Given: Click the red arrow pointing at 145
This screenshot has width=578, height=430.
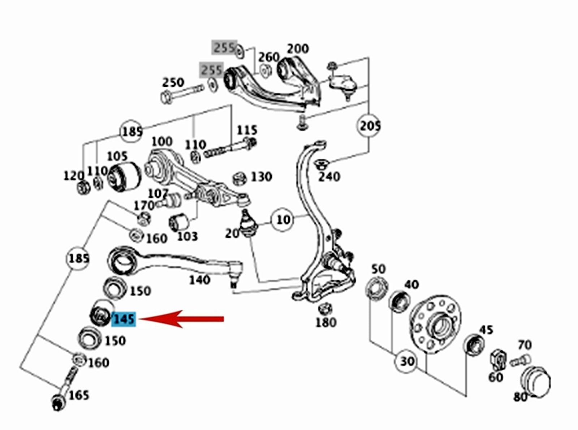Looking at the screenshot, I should [x=181, y=319].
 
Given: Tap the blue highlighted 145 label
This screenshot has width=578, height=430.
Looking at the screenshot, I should [x=124, y=319].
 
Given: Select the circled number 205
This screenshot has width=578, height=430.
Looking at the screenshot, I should [x=370, y=126].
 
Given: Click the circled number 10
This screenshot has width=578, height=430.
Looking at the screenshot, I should [x=283, y=219].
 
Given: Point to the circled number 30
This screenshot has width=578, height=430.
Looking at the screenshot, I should [x=407, y=361].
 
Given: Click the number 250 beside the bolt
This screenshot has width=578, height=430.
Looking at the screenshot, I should [x=173, y=82].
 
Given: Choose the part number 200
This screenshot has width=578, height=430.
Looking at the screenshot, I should [x=298, y=48].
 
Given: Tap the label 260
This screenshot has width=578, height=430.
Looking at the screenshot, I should [x=269, y=57].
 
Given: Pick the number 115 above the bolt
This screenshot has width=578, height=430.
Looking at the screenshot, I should [x=247, y=130].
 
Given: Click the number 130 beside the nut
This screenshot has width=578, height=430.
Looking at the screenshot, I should [x=261, y=177].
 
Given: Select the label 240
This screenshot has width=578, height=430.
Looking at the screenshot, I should [x=329, y=177].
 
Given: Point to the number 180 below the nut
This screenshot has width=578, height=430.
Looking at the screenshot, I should [x=326, y=322].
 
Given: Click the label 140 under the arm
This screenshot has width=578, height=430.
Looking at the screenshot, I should [x=200, y=279].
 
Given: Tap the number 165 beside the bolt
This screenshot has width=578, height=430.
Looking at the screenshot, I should [x=79, y=395].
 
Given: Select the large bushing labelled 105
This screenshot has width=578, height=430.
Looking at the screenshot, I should [x=124, y=175].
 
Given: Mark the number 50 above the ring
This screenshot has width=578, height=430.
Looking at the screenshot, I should [x=379, y=269].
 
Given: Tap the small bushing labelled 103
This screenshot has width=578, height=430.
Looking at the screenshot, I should [x=178, y=222].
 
